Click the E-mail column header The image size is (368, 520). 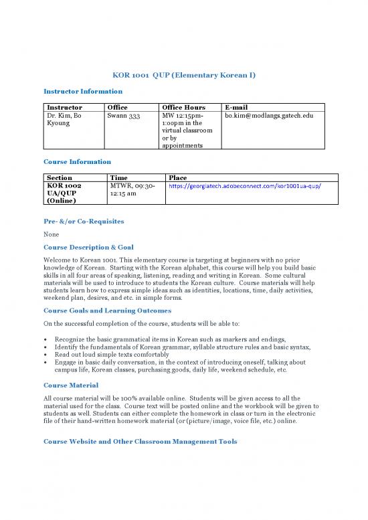pyautogui.click(x=238, y=107)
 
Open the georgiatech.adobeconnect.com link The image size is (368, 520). pyautogui.click(x=244, y=185)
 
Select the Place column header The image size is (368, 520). pyautogui.click(x=177, y=177)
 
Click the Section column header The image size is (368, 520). pyautogui.click(x=60, y=177)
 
